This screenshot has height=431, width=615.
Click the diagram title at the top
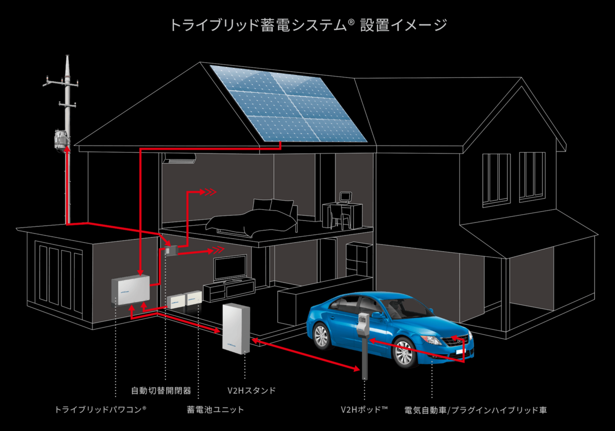tap(308, 25)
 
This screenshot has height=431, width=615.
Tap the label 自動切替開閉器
tap(161, 390)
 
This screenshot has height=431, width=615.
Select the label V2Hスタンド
tap(252, 390)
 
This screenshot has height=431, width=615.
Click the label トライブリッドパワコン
tap(101, 409)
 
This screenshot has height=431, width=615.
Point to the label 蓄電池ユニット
tap(215, 409)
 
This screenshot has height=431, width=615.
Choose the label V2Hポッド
tap(364, 409)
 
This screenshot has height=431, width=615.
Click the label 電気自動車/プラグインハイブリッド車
tap(475, 410)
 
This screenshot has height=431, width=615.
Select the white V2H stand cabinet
tap(236, 328)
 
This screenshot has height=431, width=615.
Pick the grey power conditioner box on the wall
tap(131, 289)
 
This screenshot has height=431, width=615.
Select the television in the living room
tap(230, 268)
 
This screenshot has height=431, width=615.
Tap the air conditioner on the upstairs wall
tap(179, 158)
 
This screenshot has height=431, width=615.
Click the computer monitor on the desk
tap(346, 197)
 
